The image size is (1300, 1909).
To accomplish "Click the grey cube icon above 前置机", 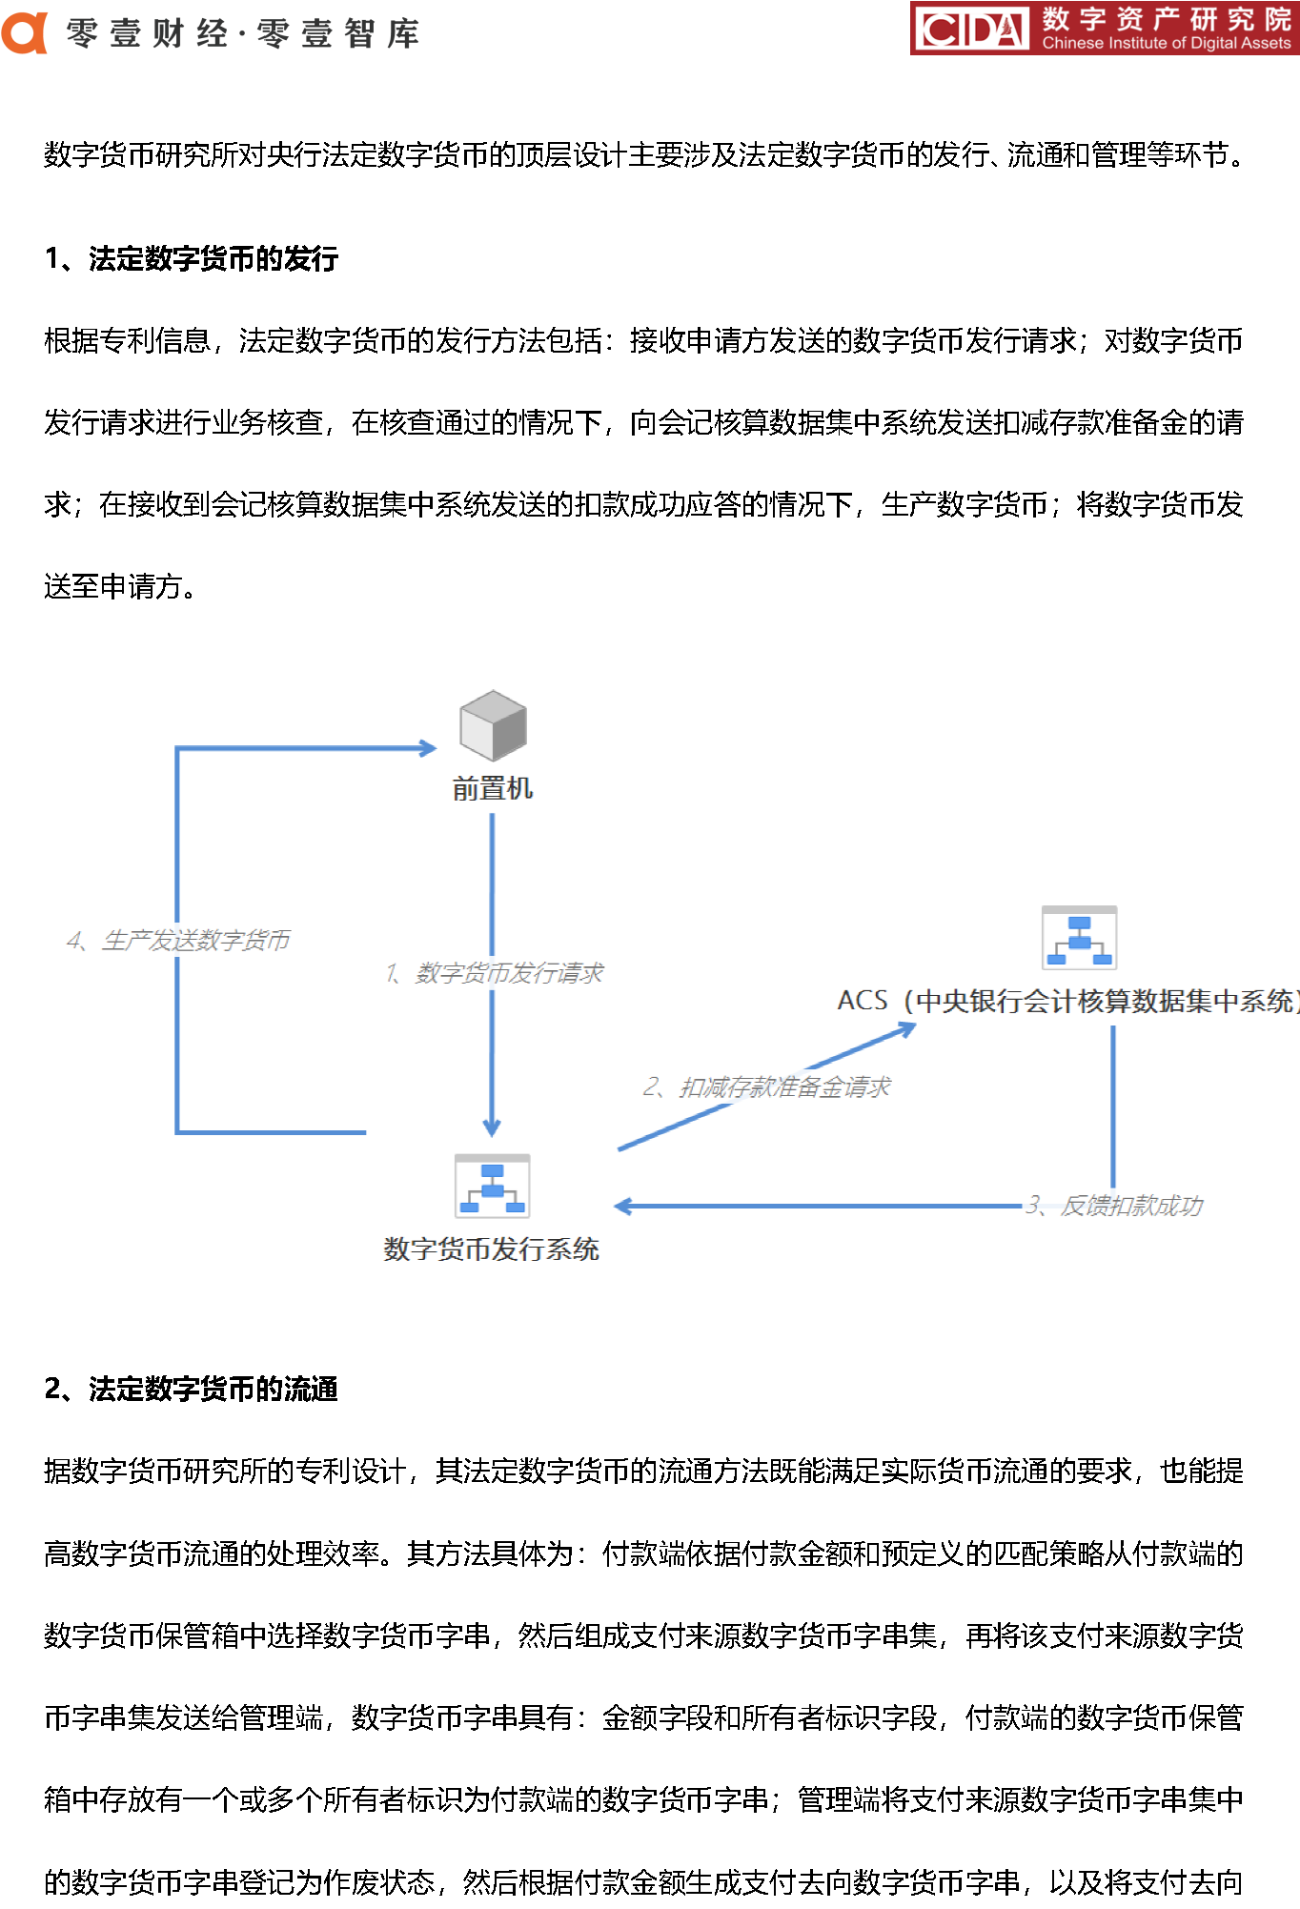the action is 493,725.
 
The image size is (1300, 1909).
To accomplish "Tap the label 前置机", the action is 493,788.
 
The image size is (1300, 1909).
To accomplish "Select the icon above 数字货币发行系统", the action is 492,1186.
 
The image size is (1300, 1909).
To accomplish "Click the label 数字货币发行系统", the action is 491,1249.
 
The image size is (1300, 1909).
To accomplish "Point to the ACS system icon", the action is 1079,937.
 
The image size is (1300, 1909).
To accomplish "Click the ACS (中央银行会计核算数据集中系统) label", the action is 1068,1001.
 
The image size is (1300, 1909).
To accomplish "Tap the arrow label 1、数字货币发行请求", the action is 494,973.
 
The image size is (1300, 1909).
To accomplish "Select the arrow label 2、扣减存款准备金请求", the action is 766,1087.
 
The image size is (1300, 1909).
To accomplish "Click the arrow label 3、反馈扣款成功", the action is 1114,1206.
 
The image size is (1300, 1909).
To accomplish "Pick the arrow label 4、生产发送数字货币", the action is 178,941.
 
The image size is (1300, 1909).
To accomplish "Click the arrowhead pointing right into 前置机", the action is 429,748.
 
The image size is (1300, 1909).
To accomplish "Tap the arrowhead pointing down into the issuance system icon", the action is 492,1128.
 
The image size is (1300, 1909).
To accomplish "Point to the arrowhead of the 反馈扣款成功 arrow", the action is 623,1207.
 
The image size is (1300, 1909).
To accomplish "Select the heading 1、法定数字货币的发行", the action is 192,258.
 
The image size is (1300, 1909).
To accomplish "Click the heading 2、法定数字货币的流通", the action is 192,1389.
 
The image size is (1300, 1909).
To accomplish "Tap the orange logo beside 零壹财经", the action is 25,32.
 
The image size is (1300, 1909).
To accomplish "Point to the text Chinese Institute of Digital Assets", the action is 1167,43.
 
